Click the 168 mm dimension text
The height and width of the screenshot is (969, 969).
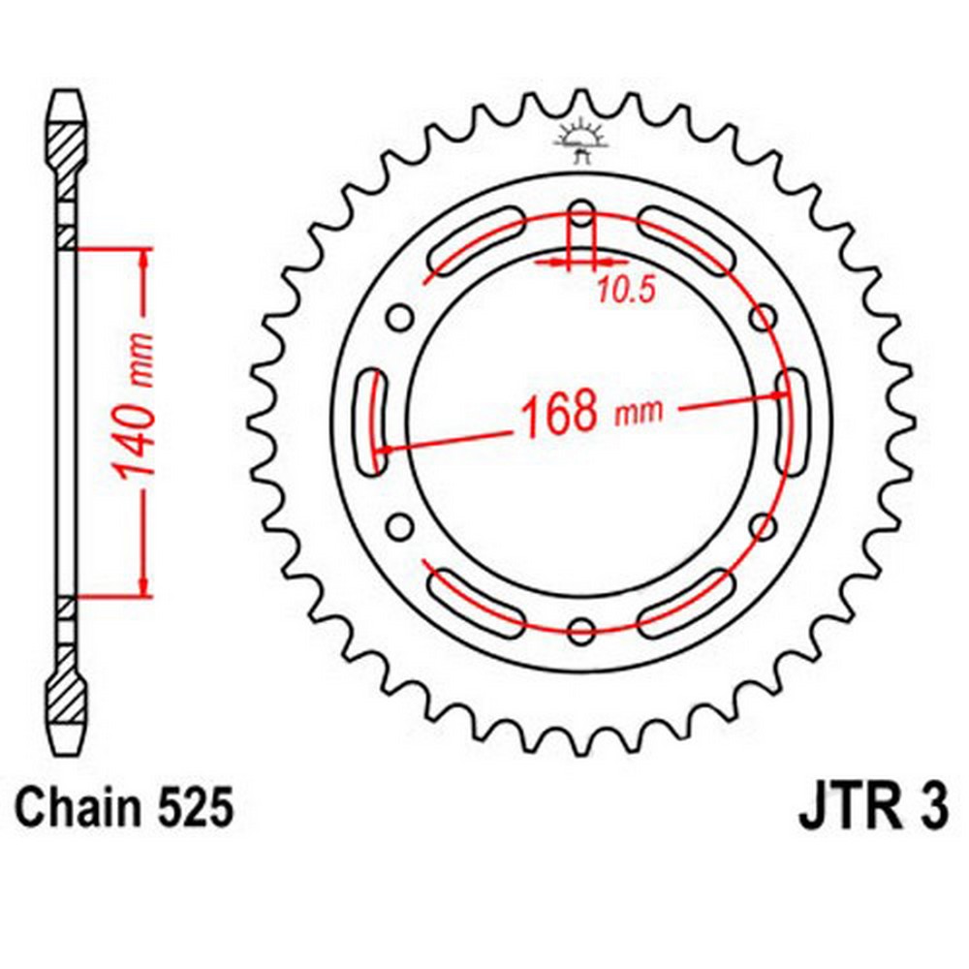point(591,411)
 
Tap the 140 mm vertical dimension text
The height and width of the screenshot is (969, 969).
point(134,409)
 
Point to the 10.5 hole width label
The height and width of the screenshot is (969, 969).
point(625,290)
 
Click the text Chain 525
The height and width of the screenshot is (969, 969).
point(125,806)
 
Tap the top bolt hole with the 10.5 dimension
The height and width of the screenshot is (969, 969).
point(580,215)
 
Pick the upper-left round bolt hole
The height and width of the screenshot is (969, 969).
point(400,319)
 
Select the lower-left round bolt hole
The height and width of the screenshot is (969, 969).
point(400,526)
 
